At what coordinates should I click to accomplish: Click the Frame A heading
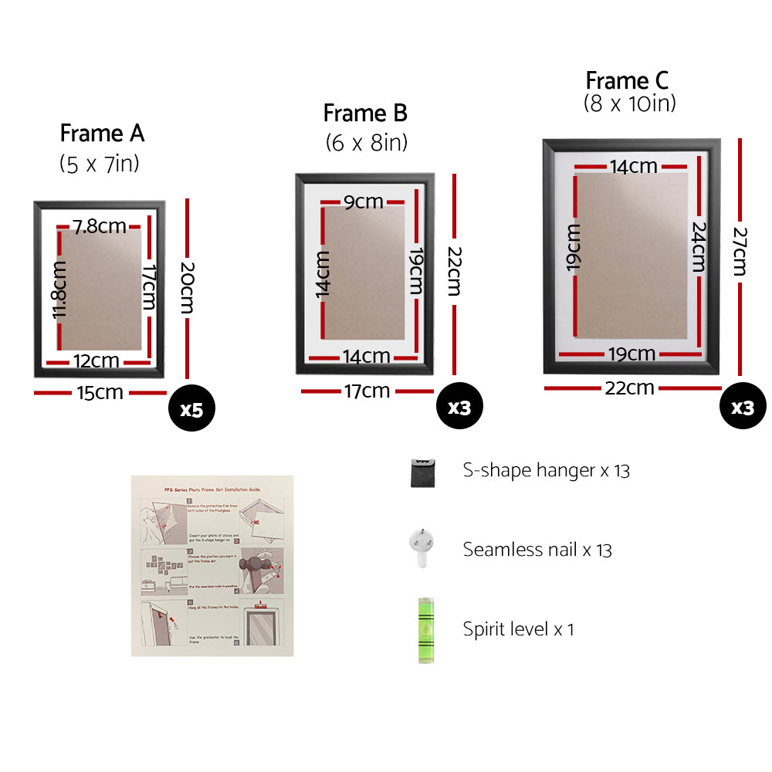coord(102,134)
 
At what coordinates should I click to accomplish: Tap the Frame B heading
coord(364,113)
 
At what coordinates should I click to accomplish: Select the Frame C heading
coord(627,80)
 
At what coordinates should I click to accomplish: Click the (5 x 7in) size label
coord(100,164)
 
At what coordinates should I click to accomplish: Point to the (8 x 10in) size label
coord(629,104)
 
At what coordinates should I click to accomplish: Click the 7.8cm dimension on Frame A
coord(100,226)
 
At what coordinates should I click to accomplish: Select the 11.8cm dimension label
coord(60,289)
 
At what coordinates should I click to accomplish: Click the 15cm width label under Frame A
coord(100,393)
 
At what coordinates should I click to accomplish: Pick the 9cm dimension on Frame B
coord(364,202)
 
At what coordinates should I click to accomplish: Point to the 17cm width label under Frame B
coord(367,391)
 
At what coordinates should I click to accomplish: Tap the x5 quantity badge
coord(191,409)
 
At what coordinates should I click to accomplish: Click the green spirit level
coord(424,629)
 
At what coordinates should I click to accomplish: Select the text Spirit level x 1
coord(519,629)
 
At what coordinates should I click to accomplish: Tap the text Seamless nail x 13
coord(537,550)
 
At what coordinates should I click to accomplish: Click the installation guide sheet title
coord(212,489)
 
